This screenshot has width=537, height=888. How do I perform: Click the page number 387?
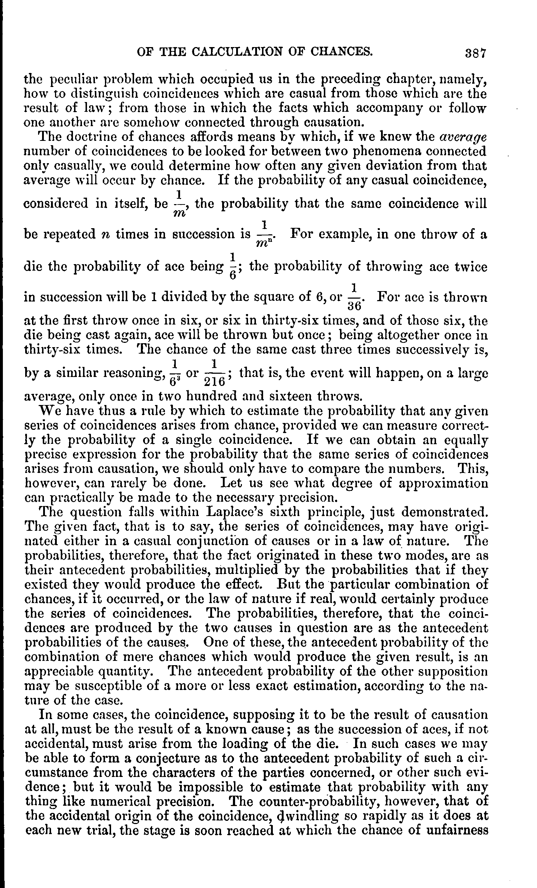pos(476,53)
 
